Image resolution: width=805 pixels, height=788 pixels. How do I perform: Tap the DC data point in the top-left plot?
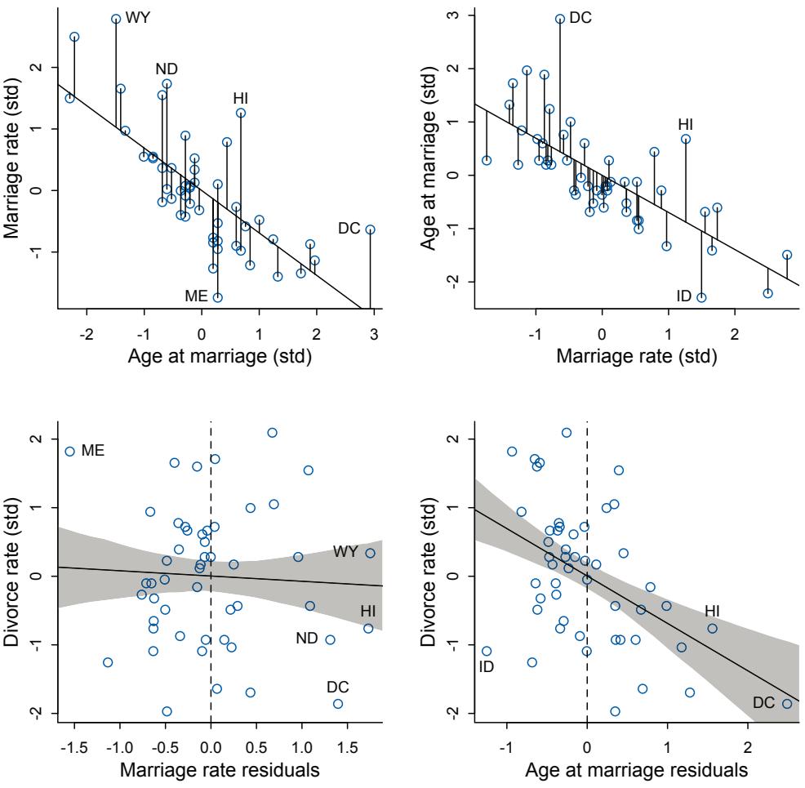point(370,229)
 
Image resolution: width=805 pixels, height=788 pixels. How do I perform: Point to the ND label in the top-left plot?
point(167,69)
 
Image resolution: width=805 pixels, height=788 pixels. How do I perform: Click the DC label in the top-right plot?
point(580,17)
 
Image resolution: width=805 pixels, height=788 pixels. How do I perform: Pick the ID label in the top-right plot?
point(684,295)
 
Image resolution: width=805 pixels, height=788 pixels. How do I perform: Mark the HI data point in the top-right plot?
point(686,139)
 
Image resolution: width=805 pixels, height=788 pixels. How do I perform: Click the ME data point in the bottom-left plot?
point(70,451)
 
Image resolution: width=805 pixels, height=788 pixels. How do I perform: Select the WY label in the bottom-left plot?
point(346,552)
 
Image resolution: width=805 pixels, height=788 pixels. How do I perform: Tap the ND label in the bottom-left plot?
point(306,638)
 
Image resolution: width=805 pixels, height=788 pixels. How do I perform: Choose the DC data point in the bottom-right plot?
point(787,703)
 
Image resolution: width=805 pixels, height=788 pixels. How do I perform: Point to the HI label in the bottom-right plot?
point(713,611)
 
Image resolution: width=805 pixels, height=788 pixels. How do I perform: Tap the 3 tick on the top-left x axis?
point(374,333)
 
